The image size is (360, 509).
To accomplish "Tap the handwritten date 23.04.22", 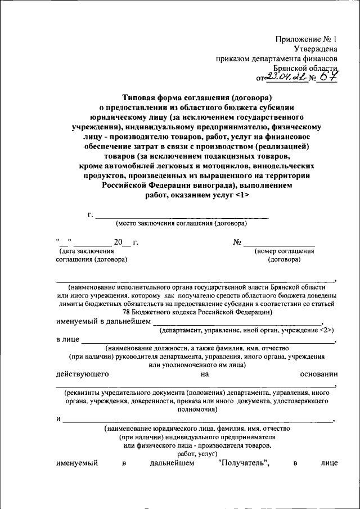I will pos(286,78).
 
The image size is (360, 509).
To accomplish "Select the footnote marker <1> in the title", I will pos(239,195).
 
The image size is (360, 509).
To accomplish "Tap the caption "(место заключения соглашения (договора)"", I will pos(181,223).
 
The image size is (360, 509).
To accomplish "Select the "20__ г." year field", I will pos(125,242).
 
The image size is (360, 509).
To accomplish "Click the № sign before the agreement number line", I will pos(237,242).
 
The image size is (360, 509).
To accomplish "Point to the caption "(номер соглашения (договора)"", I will pos(284,255).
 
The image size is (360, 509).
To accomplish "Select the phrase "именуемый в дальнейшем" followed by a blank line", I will pos(103,322).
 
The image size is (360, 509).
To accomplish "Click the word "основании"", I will pos(319,373).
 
